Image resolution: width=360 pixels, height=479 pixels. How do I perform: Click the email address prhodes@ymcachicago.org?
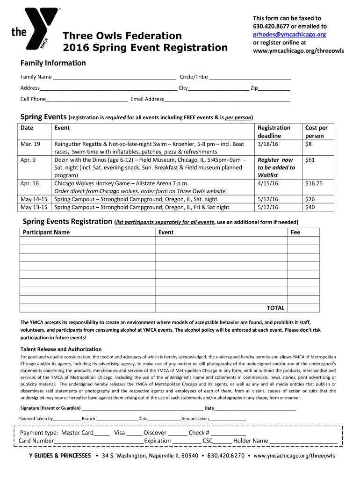(x=289, y=35)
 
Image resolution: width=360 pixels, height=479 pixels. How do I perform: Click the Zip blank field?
(x=274, y=88)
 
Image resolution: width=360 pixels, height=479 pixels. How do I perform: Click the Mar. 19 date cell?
(x=30, y=144)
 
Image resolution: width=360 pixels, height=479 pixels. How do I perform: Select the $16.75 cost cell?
(x=313, y=183)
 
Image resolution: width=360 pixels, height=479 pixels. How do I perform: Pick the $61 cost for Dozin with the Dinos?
(x=310, y=160)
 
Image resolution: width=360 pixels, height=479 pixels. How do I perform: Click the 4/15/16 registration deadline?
(x=268, y=183)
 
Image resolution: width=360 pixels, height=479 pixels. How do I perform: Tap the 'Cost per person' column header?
(x=317, y=131)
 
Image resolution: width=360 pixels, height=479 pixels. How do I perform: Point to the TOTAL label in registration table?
(x=275, y=308)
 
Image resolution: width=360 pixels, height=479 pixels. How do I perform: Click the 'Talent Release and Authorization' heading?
(x=61, y=349)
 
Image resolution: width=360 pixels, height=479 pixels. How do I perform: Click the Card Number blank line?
(x=99, y=441)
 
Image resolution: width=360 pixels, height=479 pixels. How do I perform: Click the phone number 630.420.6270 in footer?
(x=226, y=456)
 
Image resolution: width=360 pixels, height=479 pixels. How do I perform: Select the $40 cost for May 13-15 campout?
(x=309, y=207)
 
